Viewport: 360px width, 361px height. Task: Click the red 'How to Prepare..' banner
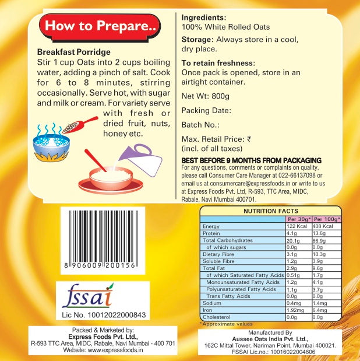click(100, 27)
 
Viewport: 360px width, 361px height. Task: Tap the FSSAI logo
click(88, 296)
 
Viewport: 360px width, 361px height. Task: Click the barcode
click(103, 240)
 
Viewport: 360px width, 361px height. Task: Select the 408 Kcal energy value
click(323, 226)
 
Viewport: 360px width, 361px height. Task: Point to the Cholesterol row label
click(217, 317)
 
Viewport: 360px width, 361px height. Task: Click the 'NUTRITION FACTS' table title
click(271, 211)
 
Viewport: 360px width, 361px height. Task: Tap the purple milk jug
click(141, 160)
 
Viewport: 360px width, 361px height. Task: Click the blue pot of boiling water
click(51, 144)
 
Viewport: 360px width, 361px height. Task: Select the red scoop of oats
click(80, 125)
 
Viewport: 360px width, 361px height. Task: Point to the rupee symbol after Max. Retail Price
click(249, 139)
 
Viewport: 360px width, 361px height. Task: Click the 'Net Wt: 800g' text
click(205, 96)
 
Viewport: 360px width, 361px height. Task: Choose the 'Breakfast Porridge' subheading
click(74, 52)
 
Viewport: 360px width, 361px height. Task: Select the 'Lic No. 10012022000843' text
click(104, 315)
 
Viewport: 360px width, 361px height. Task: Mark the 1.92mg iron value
click(295, 310)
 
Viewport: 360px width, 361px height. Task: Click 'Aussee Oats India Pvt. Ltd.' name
click(270, 339)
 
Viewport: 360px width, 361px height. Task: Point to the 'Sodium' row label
click(212, 303)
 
